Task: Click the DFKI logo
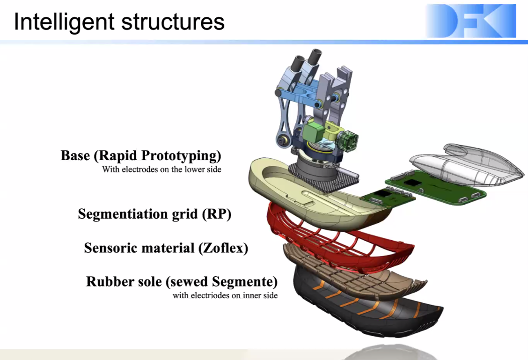(x=470, y=21)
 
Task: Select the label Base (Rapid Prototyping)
(x=141, y=155)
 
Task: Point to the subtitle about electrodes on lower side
(x=161, y=169)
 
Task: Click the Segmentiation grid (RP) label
(x=154, y=214)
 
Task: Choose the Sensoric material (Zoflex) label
(x=166, y=248)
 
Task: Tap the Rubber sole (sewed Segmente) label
(x=182, y=282)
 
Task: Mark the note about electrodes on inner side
(x=225, y=295)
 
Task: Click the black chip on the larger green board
(x=412, y=183)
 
